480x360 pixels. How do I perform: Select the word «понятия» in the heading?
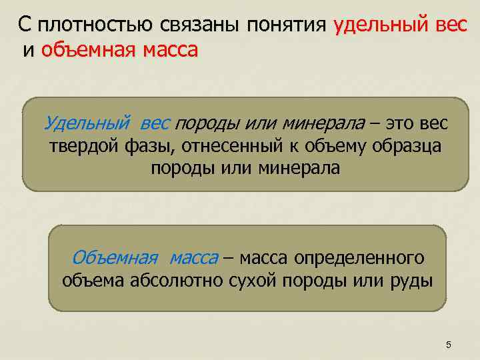tap(287, 26)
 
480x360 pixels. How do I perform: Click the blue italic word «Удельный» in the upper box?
tap(87, 124)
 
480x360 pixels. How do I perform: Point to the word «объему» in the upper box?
tap(342, 146)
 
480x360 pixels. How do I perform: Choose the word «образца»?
tap(410, 146)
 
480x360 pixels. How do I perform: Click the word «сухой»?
tap(247, 280)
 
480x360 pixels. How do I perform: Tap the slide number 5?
tap(448, 345)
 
